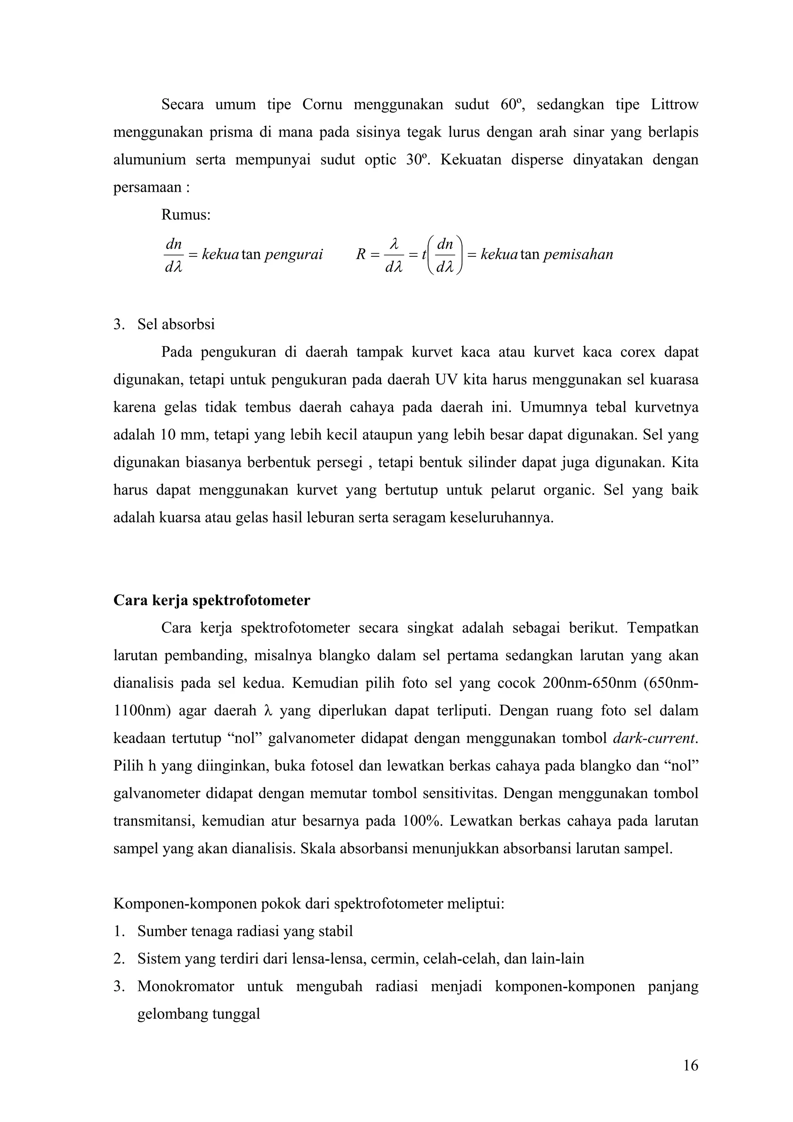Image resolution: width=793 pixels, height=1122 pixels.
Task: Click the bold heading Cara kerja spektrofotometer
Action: click(x=211, y=600)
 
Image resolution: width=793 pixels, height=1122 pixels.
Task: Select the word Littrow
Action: click(x=674, y=105)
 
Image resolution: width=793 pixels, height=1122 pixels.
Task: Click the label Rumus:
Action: click(x=186, y=215)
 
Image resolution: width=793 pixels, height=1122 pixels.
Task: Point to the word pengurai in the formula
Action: click(x=293, y=254)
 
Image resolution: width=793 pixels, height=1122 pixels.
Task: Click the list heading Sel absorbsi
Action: click(x=176, y=325)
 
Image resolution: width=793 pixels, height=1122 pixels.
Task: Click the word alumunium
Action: click(x=149, y=160)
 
